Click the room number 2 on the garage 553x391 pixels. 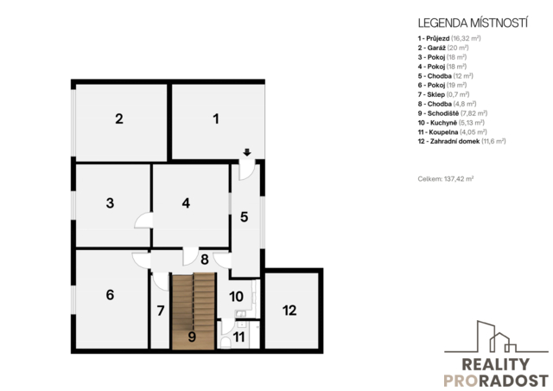(119, 119)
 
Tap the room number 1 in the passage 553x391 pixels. (216, 119)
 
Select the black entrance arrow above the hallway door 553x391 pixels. (247, 152)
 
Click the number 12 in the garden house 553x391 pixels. (289, 311)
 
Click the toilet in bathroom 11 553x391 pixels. (226, 343)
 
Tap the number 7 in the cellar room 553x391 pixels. (161, 311)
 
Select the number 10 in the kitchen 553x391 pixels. (236, 297)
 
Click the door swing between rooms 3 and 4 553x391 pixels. (143, 221)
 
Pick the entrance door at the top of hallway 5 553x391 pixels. (247, 170)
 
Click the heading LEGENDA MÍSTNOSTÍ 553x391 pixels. (473, 23)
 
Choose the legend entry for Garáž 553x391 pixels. (443, 48)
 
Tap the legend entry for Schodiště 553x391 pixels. (453, 113)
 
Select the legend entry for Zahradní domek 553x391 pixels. (461, 141)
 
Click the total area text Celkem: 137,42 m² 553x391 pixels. (446, 179)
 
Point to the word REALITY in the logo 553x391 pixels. (495, 364)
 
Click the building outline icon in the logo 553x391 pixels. (496, 337)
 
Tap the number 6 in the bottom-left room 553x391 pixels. (110, 295)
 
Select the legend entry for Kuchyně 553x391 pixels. (451, 123)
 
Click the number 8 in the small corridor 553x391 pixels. (205, 260)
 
